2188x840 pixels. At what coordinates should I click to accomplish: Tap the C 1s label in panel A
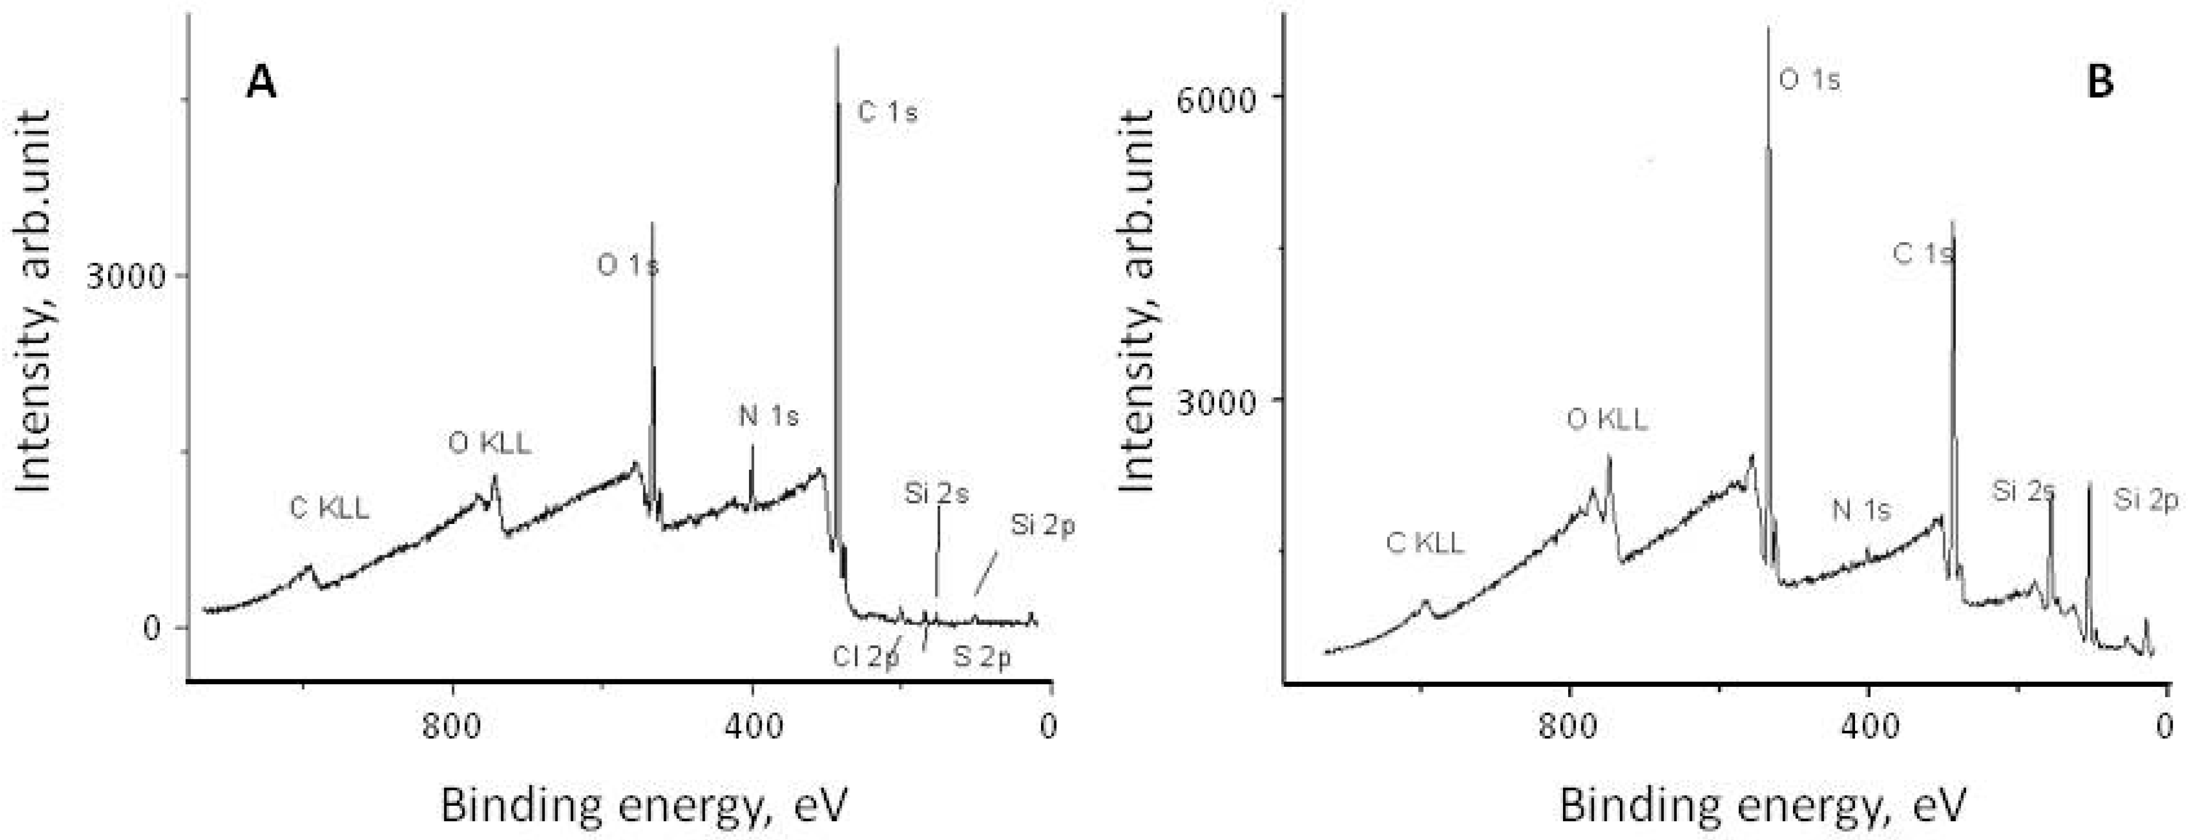(888, 112)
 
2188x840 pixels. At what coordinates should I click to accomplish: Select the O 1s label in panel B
(1809, 80)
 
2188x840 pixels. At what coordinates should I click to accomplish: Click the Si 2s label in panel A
(936, 493)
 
